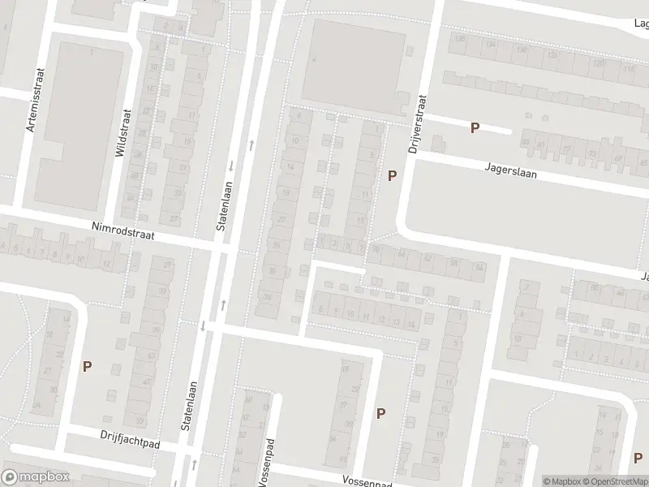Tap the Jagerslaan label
pyautogui.click(x=511, y=171)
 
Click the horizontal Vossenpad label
pyautogui.click(x=367, y=481)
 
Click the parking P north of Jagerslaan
pyautogui.click(x=475, y=127)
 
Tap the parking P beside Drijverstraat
pyautogui.click(x=393, y=175)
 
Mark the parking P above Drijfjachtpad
pyautogui.click(x=87, y=366)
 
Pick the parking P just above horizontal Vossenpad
pyautogui.click(x=380, y=413)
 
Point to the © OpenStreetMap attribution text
pyautogui.click(x=613, y=481)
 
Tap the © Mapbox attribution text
pyautogui.click(x=560, y=481)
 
